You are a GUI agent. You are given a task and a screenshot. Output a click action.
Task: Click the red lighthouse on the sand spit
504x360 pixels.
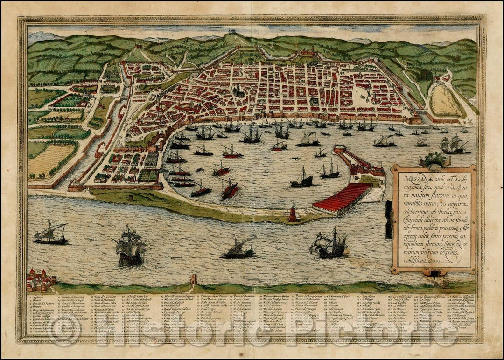pos(293,213)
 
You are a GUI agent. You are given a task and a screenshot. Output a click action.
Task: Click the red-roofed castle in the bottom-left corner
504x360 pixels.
pos(39,279)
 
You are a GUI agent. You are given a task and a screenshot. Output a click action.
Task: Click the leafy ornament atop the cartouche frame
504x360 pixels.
pos(432,159)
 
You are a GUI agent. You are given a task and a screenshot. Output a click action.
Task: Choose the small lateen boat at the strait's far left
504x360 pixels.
pos(50,234)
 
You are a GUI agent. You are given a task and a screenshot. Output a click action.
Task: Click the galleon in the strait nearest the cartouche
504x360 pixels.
pos(330,244)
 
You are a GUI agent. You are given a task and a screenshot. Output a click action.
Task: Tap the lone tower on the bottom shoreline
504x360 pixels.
pos(193,280)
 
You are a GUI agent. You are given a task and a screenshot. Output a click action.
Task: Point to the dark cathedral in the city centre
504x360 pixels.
pos(238,90)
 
